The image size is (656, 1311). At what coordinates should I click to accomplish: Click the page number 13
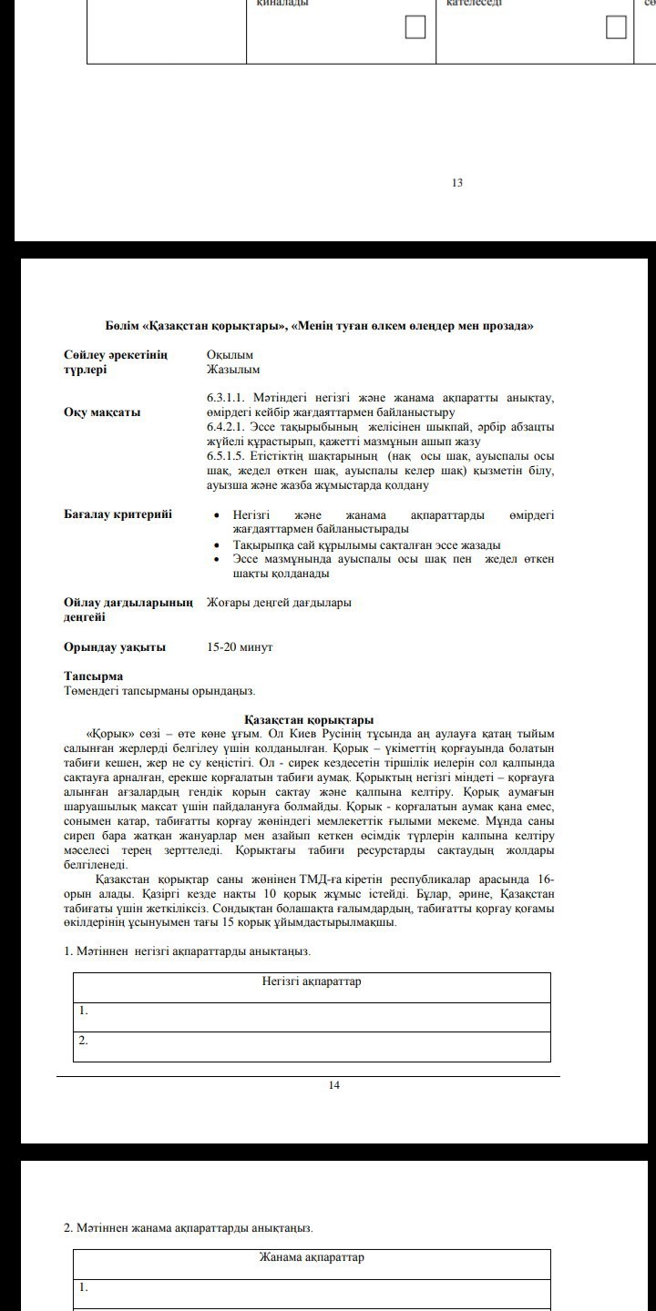(457, 183)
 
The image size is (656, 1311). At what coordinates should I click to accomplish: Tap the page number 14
(334, 1085)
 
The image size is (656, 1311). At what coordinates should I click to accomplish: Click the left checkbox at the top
(415, 27)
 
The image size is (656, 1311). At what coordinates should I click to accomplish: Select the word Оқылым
(230, 355)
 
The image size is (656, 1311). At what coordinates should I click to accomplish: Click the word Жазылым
(233, 370)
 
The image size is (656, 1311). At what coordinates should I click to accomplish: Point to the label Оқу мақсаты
(102, 412)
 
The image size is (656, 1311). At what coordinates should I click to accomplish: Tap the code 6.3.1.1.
(230, 398)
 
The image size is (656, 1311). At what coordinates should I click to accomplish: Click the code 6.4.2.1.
(230, 427)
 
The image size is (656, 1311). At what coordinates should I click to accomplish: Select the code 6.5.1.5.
(230, 456)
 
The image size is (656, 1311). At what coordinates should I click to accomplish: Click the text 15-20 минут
(240, 647)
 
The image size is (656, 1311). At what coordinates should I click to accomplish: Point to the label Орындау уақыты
(115, 647)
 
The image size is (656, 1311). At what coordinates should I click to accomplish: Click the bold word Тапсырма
(93, 676)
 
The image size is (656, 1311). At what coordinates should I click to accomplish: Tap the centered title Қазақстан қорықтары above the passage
(310, 720)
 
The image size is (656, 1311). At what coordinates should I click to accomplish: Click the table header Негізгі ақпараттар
(312, 981)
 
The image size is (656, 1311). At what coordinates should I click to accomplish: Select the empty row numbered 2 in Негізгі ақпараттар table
(312, 1046)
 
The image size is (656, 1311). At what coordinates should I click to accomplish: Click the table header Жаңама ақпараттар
(312, 1257)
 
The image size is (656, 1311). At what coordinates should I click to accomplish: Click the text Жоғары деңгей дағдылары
(279, 603)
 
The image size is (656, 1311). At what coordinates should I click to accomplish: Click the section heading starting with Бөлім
(319, 326)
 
